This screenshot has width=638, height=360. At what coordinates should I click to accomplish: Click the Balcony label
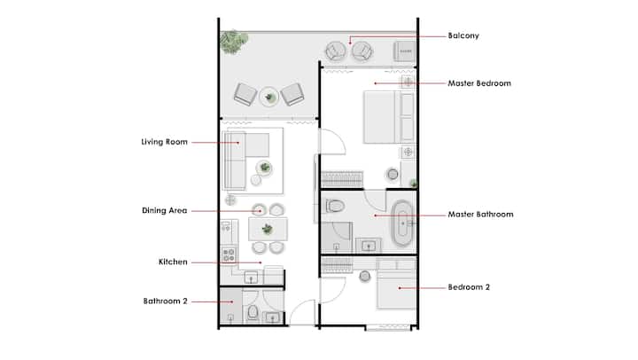coord(463,35)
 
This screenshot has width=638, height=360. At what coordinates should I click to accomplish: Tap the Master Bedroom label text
coord(479,83)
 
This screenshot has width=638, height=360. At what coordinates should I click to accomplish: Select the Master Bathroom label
coord(480,215)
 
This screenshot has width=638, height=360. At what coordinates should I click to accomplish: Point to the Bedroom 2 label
coord(469,287)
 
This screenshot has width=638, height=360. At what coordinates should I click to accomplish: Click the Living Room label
coord(165,142)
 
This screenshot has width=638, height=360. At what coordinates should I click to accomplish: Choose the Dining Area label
coord(165,210)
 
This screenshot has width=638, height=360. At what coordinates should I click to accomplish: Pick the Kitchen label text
coord(173,262)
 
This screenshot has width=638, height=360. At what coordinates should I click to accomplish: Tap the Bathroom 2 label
coord(165,301)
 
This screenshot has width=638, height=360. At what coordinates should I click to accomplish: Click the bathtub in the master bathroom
coord(402,223)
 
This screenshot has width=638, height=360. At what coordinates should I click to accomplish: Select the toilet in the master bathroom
coord(334,206)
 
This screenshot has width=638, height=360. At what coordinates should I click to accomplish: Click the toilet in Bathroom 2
coord(253,313)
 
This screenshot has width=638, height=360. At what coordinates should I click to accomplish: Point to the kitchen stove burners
coord(229,254)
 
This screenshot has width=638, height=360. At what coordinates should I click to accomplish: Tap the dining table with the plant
coord(268,230)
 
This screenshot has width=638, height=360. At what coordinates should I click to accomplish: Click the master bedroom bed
coord(389,117)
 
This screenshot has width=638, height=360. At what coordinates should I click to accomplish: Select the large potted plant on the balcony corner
coord(234,42)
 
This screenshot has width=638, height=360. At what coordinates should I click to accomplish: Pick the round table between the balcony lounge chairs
coord(269,97)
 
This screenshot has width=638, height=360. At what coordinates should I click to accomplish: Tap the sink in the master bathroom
coord(369,246)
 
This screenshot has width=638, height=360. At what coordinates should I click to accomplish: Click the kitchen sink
coord(251,278)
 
